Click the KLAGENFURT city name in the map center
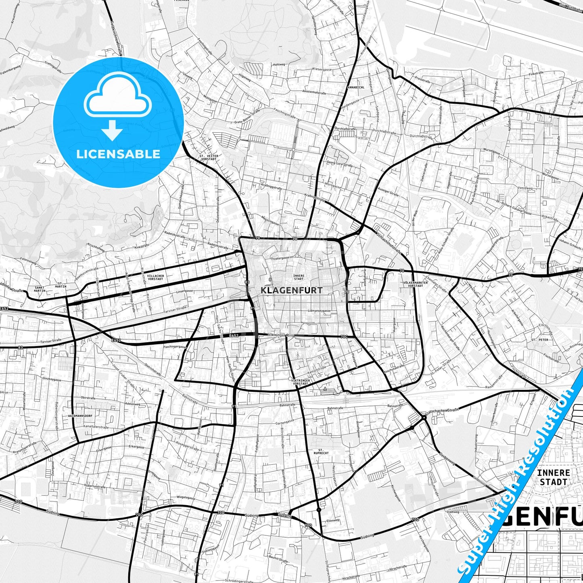[x=291, y=290]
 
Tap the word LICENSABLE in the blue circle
[x=118, y=154]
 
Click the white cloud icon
[x=117, y=98]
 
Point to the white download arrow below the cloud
[x=112, y=131]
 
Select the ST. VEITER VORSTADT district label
[x=208, y=157]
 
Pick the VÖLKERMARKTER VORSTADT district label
[x=415, y=284]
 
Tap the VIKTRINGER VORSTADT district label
[x=301, y=382]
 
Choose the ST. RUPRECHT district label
[x=324, y=451]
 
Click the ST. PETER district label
[x=540, y=340]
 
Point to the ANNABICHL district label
[x=358, y=87]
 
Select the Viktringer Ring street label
[x=281, y=335]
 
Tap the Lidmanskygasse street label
[x=319, y=311]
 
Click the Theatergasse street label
[x=280, y=258]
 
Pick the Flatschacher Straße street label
[x=442, y=411]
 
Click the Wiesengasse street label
[x=322, y=69]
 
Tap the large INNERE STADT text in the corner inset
[x=553, y=477]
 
